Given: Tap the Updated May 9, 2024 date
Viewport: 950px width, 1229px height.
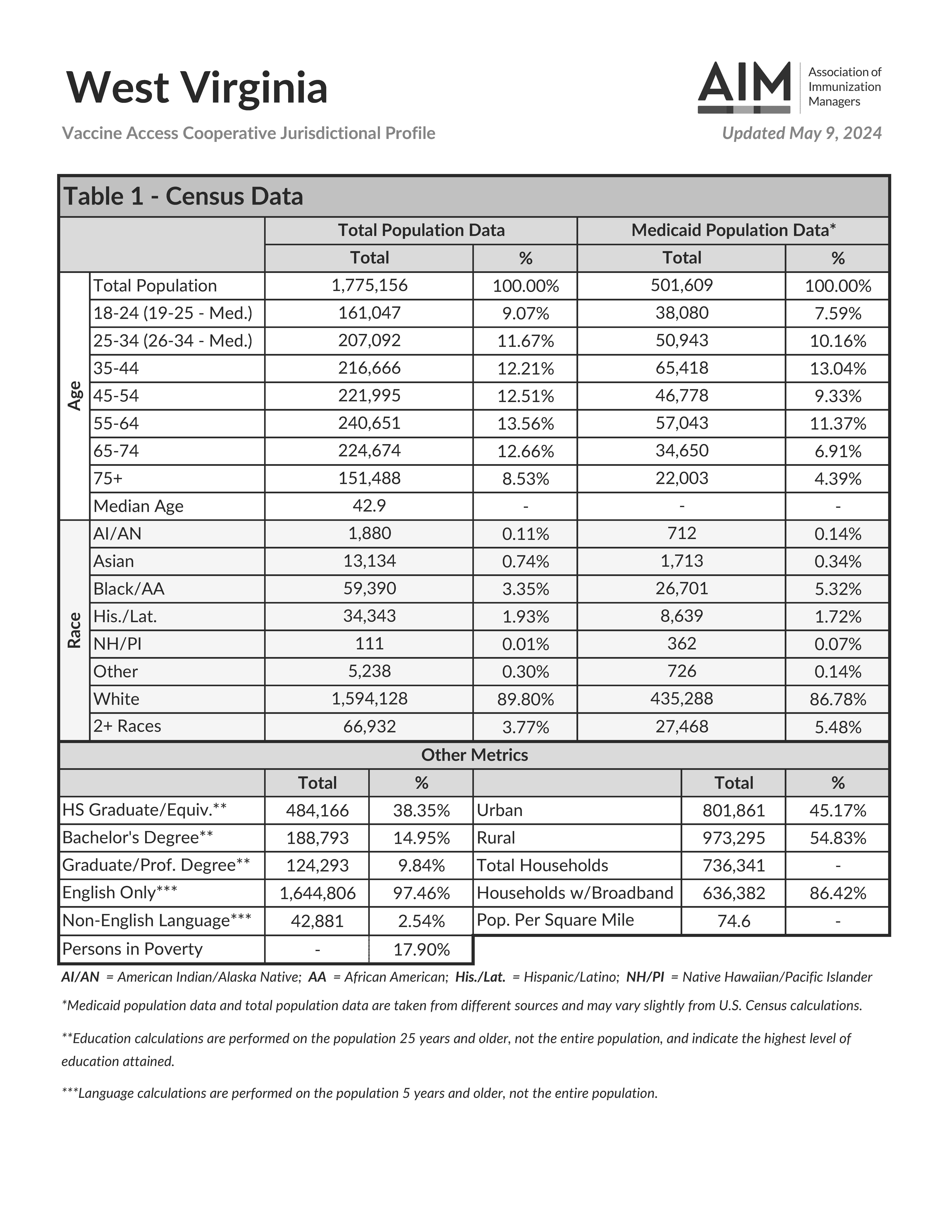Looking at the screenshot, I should tap(801, 133).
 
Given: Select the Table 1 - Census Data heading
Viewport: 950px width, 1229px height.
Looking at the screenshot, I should tap(183, 196).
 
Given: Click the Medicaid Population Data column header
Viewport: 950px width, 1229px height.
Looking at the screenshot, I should tap(733, 230).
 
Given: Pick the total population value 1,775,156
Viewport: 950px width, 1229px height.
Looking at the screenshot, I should tap(369, 285).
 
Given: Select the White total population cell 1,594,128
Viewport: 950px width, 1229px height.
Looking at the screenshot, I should tap(369, 699).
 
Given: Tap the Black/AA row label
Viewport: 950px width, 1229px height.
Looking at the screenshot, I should tap(129, 589).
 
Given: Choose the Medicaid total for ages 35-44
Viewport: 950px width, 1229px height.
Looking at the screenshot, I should tap(682, 368).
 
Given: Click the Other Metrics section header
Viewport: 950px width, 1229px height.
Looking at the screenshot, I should tap(474, 755).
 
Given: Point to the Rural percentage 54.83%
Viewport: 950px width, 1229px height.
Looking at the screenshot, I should tap(837, 838).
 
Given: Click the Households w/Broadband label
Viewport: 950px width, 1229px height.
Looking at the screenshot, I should tap(575, 893).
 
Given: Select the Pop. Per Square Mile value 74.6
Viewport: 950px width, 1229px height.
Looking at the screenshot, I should tap(733, 921).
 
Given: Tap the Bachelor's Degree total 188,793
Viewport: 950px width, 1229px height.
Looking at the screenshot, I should tap(317, 838).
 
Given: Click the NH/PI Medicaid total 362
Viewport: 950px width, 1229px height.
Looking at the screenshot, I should tap(682, 644).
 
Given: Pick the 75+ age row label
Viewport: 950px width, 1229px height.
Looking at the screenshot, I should tap(108, 478).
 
